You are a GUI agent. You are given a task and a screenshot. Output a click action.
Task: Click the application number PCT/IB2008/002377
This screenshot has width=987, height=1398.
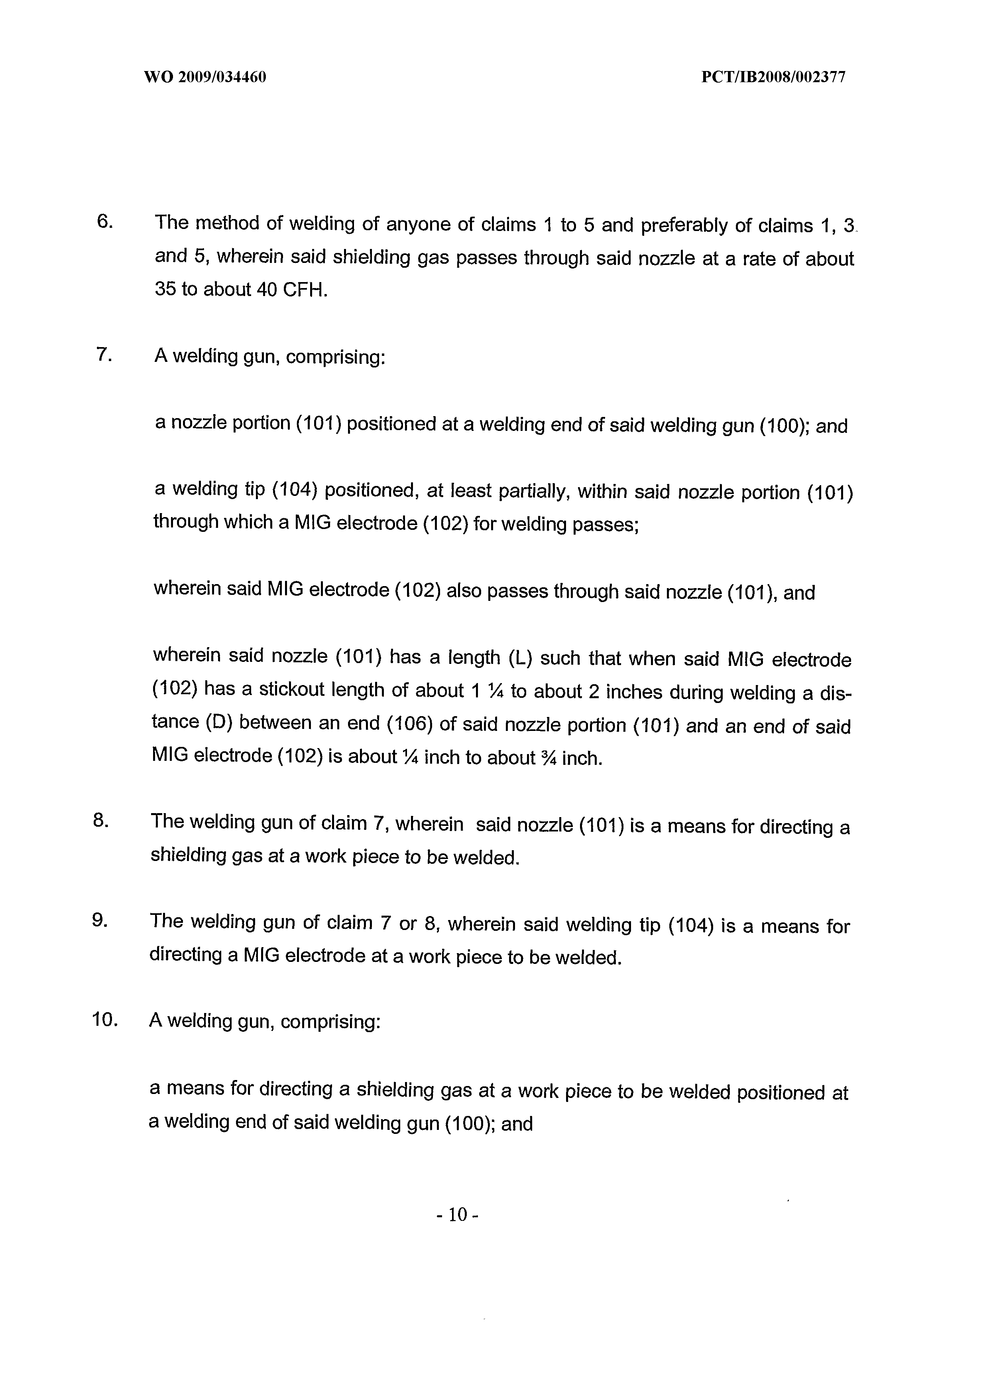773,77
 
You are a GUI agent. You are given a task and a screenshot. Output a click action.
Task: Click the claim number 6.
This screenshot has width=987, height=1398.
104,222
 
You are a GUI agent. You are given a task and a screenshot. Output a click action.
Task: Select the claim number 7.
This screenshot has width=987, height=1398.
104,354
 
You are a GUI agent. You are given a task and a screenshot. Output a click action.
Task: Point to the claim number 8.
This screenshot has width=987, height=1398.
100,821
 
